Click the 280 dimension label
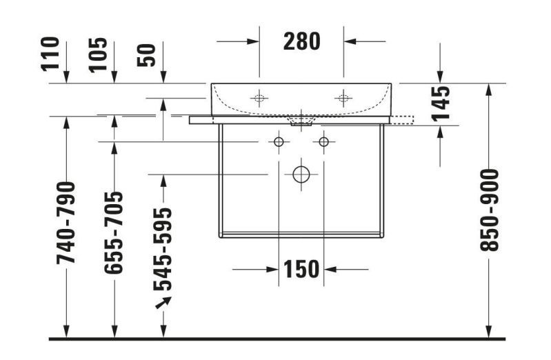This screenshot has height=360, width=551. pyautogui.click(x=302, y=41)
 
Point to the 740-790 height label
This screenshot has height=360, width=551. pyautogui.click(x=67, y=222)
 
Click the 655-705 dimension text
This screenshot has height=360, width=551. pyautogui.click(x=114, y=232)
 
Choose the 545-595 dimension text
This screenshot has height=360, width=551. pyautogui.click(x=163, y=248)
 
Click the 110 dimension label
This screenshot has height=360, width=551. pyautogui.click(x=52, y=54)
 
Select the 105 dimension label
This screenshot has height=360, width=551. pyautogui.click(x=99, y=54)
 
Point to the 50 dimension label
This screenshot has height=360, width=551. pyautogui.click(x=148, y=55)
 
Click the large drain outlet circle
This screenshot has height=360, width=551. pyautogui.click(x=301, y=174)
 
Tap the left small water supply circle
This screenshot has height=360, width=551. pyautogui.click(x=279, y=142)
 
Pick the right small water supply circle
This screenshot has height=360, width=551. pyautogui.click(x=323, y=142)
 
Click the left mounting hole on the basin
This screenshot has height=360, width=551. pyautogui.click(x=259, y=98)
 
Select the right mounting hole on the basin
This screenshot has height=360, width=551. pyautogui.click(x=343, y=98)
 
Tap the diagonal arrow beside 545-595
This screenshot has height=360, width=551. pyautogui.click(x=163, y=302)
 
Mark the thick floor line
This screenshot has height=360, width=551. pyautogui.click(x=276, y=339)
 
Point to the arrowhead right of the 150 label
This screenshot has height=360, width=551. pyautogui.click(x=330, y=268)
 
